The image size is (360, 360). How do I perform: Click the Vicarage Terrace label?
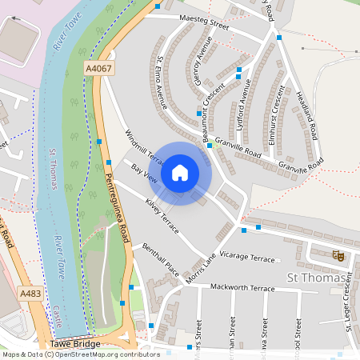247,258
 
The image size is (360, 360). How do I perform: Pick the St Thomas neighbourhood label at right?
317,278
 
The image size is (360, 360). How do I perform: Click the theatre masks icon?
338,255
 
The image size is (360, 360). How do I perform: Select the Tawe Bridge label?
75,345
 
